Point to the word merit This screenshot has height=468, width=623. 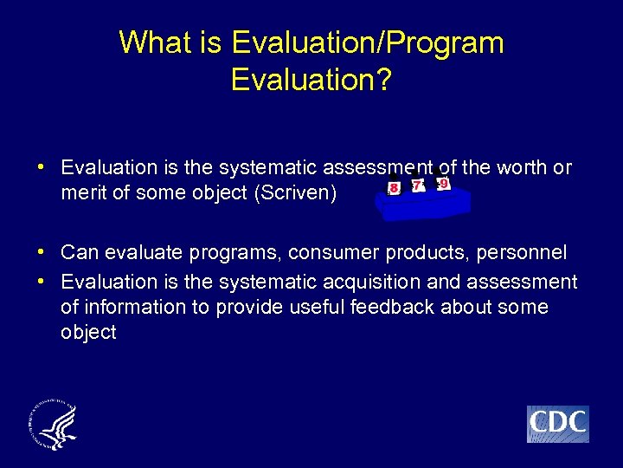coord(84,192)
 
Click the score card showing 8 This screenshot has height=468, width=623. coord(395,187)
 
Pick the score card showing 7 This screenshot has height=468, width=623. coord(419,185)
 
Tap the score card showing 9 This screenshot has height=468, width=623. coord(444,184)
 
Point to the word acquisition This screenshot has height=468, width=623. coord(372,282)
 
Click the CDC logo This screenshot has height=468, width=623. coord(557,424)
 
